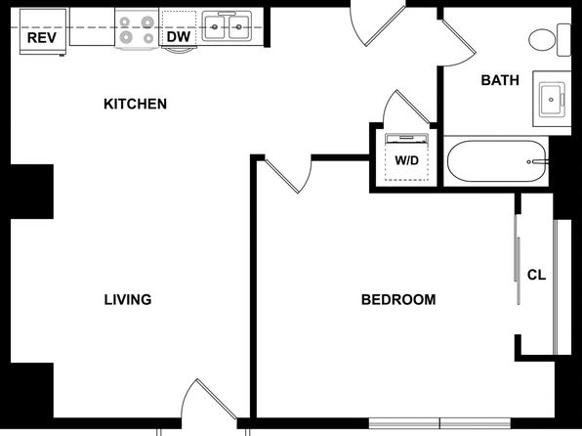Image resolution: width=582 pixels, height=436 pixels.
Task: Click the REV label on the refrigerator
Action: click(x=42, y=37)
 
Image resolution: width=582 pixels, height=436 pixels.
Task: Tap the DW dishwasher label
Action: click(x=179, y=37)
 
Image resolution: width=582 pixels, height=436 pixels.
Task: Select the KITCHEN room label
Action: click(x=135, y=104)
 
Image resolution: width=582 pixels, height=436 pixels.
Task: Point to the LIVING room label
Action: click(x=128, y=299)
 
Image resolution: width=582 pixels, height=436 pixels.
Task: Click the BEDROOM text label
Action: click(x=398, y=299)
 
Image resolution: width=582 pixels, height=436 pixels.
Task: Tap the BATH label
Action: click(x=500, y=80)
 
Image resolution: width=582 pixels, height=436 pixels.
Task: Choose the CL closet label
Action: click(x=536, y=275)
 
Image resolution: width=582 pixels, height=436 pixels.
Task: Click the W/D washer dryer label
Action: click(x=407, y=160)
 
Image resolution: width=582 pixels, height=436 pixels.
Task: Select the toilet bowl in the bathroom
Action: click(x=542, y=40)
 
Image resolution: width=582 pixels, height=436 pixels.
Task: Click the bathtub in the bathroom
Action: click(x=497, y=161)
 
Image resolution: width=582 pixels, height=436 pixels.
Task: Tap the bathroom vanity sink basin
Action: click(x=553, y=100)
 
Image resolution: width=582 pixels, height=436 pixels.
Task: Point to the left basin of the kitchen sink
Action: click(x=214, y=26)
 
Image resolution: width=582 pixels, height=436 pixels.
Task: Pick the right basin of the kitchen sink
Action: click(x=239, y=26)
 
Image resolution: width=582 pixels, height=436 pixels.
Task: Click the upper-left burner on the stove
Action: click(x=125, y=22)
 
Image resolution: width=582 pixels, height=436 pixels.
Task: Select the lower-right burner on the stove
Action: click(x=148, y=38)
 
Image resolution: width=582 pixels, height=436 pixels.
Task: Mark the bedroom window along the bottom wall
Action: click(x=439, y=423)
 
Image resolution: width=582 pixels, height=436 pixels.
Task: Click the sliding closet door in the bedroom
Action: click(x=517, y=259)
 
